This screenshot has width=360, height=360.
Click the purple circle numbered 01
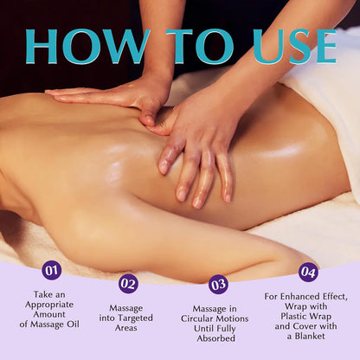(x=51, y=271)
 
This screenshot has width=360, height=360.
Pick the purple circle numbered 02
(x=128, y=283)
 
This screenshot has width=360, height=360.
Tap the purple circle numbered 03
(x=218, y=284)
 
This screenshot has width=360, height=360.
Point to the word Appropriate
(x=51, y=303)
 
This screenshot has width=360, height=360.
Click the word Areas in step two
(x=127, y=331)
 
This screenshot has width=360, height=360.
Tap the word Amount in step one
(x=51, y=313)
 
